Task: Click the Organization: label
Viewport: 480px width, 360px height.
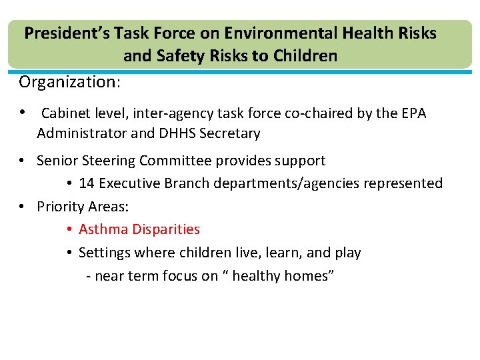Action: pos(70,82)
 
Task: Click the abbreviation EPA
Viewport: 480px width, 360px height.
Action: pos(411,113)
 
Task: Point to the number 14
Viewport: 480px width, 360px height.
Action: pos(86,183)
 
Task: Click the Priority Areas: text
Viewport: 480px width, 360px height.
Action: pos(83,207)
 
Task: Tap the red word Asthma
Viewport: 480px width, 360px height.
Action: pos(103,229)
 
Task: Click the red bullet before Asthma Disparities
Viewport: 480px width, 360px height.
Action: pos(69,230)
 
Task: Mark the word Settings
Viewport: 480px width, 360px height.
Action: pos(103,253)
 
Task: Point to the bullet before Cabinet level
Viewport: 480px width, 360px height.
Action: pos(23,113)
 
